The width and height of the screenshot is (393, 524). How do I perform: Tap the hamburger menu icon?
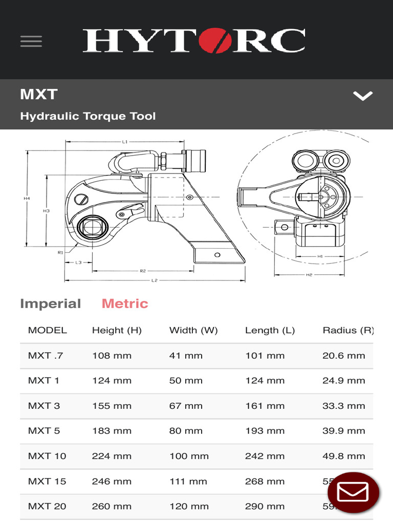[31, 41]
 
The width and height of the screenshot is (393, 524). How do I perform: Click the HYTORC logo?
[194, 41]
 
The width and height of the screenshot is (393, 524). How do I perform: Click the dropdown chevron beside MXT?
[363, 96]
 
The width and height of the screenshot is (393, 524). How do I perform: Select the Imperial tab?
[50, 303]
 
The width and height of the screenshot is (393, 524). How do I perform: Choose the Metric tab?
[125, 303]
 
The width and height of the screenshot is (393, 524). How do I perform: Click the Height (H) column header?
[117, 330]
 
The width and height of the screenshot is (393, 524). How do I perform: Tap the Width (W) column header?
[193, 330]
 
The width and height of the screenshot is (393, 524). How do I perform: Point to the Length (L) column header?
[270, 330]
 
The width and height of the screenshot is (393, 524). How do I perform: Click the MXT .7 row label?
[46, 356]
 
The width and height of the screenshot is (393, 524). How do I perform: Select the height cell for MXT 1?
[112, 381]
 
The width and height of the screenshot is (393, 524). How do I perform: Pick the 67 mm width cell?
[186, 406]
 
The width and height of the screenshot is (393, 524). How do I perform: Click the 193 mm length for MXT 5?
[265, 431]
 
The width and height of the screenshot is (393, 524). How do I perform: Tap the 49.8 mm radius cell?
[343, 456]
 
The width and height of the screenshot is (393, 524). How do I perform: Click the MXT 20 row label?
[47, 506]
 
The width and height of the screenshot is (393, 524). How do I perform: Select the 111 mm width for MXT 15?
[188, 481]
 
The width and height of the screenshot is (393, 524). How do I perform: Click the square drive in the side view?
[93, 226]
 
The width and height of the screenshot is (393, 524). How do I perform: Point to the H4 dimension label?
[27, 199]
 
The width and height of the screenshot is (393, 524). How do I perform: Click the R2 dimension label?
[143, 270]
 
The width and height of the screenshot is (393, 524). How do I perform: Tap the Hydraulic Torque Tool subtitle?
[88, 116]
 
